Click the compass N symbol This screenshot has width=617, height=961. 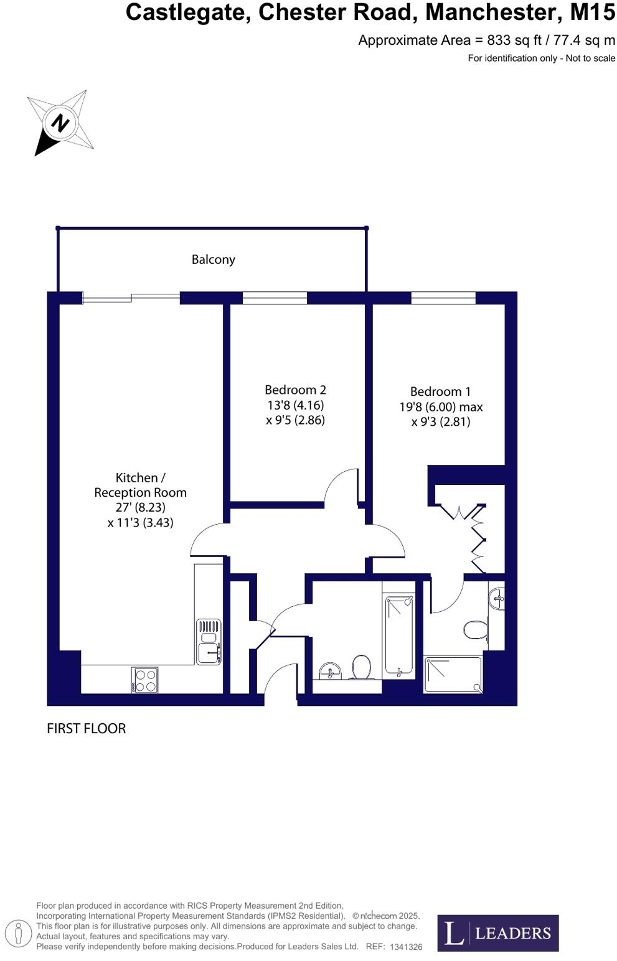60,123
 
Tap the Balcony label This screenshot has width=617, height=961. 213,260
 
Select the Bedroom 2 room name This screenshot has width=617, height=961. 295,390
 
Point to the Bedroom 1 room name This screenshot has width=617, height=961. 440,391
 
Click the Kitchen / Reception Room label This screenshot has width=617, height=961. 140,485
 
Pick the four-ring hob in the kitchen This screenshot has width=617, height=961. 144,680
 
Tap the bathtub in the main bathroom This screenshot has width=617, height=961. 399,635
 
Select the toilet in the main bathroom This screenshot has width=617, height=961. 361,668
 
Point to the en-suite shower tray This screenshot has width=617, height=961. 453,674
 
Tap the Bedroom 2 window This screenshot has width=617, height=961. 275,298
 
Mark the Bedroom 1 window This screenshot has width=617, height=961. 443,298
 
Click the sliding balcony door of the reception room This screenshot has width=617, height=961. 131,298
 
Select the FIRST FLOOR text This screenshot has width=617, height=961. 86,728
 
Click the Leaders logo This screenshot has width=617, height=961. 497,932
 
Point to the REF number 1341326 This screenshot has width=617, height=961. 406,947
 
